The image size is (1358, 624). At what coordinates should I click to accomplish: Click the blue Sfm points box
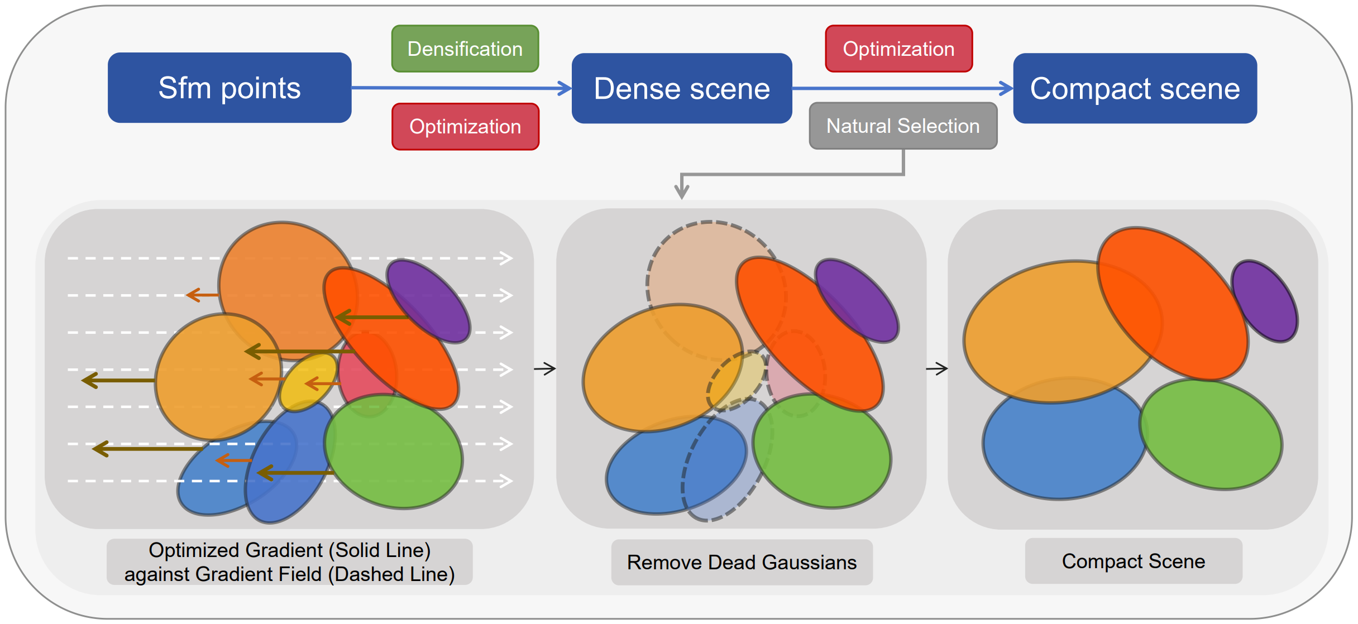[229, 88]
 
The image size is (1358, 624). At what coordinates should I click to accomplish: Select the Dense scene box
[682, 88]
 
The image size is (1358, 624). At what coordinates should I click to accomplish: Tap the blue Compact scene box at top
[1135, 88]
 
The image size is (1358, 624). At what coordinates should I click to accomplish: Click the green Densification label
[465, 49]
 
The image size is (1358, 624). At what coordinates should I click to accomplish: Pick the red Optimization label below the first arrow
[465, 127]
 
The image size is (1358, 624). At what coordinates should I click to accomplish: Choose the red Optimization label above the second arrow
[898, 49]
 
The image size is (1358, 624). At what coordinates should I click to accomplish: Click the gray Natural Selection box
[903, 126]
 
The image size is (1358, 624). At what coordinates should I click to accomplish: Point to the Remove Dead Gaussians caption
[742, 562]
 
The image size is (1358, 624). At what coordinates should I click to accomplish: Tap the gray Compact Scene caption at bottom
[1134, 561]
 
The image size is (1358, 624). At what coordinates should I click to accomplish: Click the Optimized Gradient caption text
[289, 562]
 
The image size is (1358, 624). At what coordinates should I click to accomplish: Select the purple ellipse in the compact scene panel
[1266, 301]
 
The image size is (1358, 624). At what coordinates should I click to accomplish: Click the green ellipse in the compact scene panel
[1212, 435]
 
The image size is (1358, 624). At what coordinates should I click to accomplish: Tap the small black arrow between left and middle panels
[544, 368]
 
